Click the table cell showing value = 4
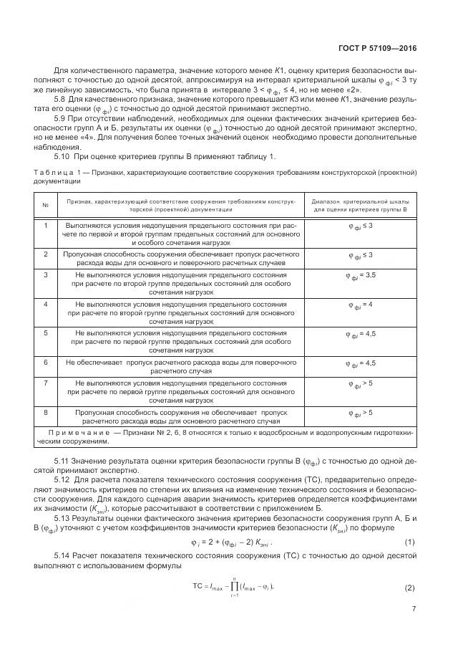(x=360, y=305)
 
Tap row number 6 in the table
(x=45, y=363)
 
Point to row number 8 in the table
(x=45, y=412)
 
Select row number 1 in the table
(x=45, y=225)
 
